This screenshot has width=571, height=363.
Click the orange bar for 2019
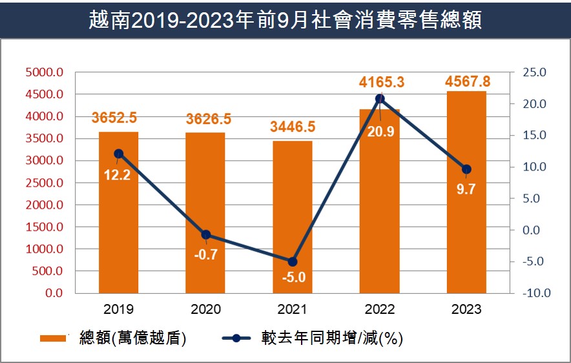(x=118, y=213)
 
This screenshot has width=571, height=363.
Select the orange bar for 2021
(x=293, y=217)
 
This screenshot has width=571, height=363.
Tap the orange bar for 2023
(x=466, y=192)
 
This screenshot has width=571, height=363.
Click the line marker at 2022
(x=380, y=99)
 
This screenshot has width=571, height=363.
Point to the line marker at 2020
(x=206, y=234)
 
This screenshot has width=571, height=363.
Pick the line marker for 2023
(x=466, y=169)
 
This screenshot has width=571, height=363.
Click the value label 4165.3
(x=382, y=82)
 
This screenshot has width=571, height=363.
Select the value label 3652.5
(x=119, y=118)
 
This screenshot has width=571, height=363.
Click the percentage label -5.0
(x=293, y=278)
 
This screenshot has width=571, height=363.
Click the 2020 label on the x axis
(x=205, y=309)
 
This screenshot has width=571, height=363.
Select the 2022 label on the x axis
(x=380, y=309)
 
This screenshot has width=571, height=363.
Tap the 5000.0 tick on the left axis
(x=44, y=72)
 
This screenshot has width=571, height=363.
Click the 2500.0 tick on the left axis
(x=44, y=183)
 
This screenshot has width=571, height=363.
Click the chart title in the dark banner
(x=285, y=19)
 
